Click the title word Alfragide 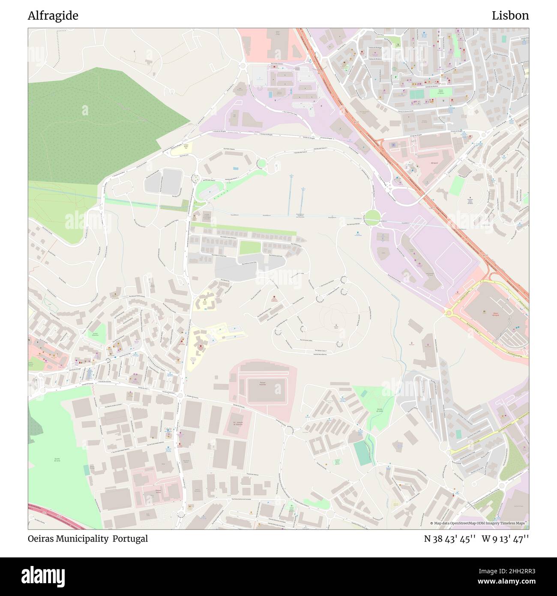pyautogui.click(x=53, y=16)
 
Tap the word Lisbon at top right pyautogui.click(x=510, y=16)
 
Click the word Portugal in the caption pyautogui.click(x=130, y=539)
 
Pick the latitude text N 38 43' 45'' pyautogui.click(x=449, y=539)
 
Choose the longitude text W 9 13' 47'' pyautogui.click(x=505, y=539)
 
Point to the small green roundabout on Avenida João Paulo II pyautogui.click(x=261, y=163)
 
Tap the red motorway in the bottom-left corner pyautogui.click(x=60, y=519)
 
